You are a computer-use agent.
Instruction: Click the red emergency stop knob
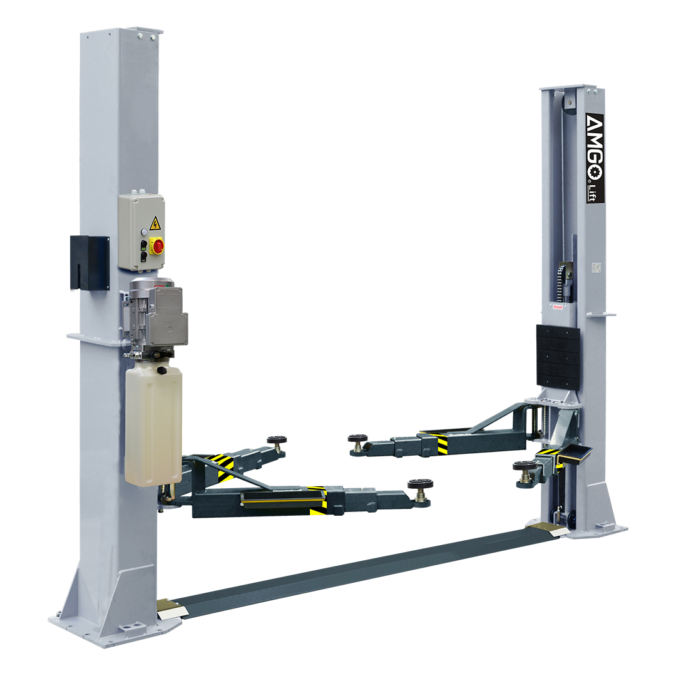pyautogui.click(x=156, y=246)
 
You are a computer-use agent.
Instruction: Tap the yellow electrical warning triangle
pyautogui.click(x=155, y=223)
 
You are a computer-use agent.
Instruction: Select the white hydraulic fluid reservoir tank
pyautogui.click(x=153, y=424)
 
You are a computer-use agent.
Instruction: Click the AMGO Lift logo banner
pyautogui.click(x=595, y=158)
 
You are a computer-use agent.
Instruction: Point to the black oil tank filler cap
pyautogui.click(x=161, y=371)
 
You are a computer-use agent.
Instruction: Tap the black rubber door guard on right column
pyautogui.click(x=558, y=357)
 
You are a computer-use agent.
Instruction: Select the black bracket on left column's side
pyautogui.click(x=90, y=262)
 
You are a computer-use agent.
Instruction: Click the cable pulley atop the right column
pyautogui.click(x=568, y=103)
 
